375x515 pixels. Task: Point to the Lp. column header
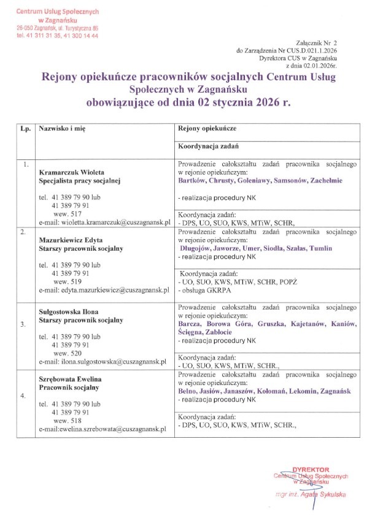pos(25,131)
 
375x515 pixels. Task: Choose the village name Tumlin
pos(320,248)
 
